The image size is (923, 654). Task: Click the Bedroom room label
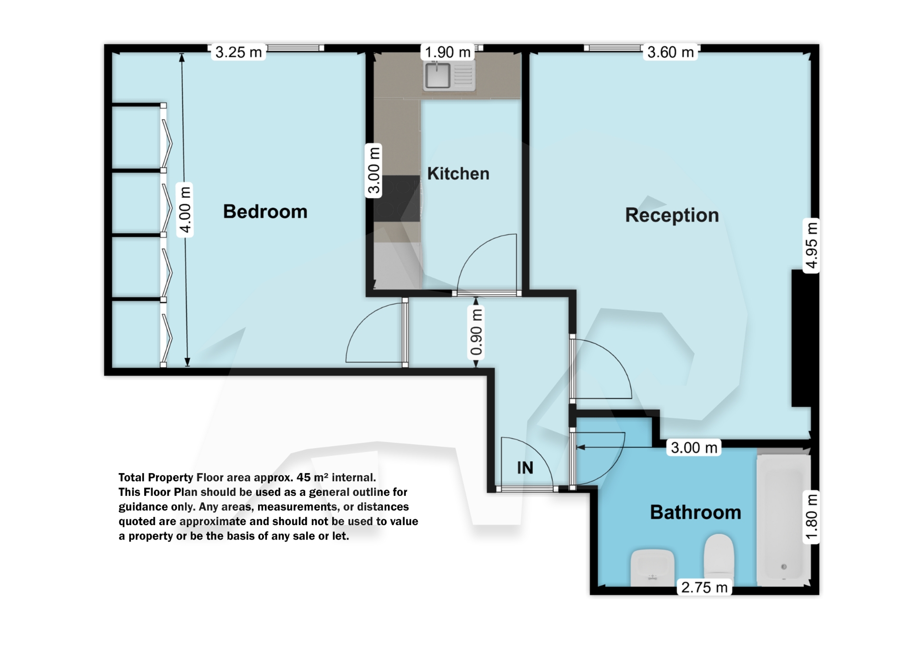pos(265,212)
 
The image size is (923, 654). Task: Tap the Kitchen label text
pos(458,174)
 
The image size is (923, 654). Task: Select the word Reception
pos(672,215)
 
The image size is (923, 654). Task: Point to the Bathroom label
pos(695,512)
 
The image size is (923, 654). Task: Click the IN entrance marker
pos(525,468)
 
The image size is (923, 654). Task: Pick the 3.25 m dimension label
pos(238,52)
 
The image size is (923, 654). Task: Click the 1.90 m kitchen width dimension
pos(448,52)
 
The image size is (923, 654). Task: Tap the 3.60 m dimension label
pos(671,52)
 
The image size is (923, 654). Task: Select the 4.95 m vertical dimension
pos(811,245)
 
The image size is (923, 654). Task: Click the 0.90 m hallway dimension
pos(476,332)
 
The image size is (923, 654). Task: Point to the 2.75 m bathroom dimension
pos(704,587)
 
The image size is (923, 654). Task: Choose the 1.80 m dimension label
pos(811,517)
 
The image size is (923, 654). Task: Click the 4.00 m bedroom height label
pos(185,210)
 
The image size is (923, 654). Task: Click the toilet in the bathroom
pos(719,554)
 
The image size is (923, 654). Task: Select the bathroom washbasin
pos(652,567)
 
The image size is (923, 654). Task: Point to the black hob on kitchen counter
pos(397,198)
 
